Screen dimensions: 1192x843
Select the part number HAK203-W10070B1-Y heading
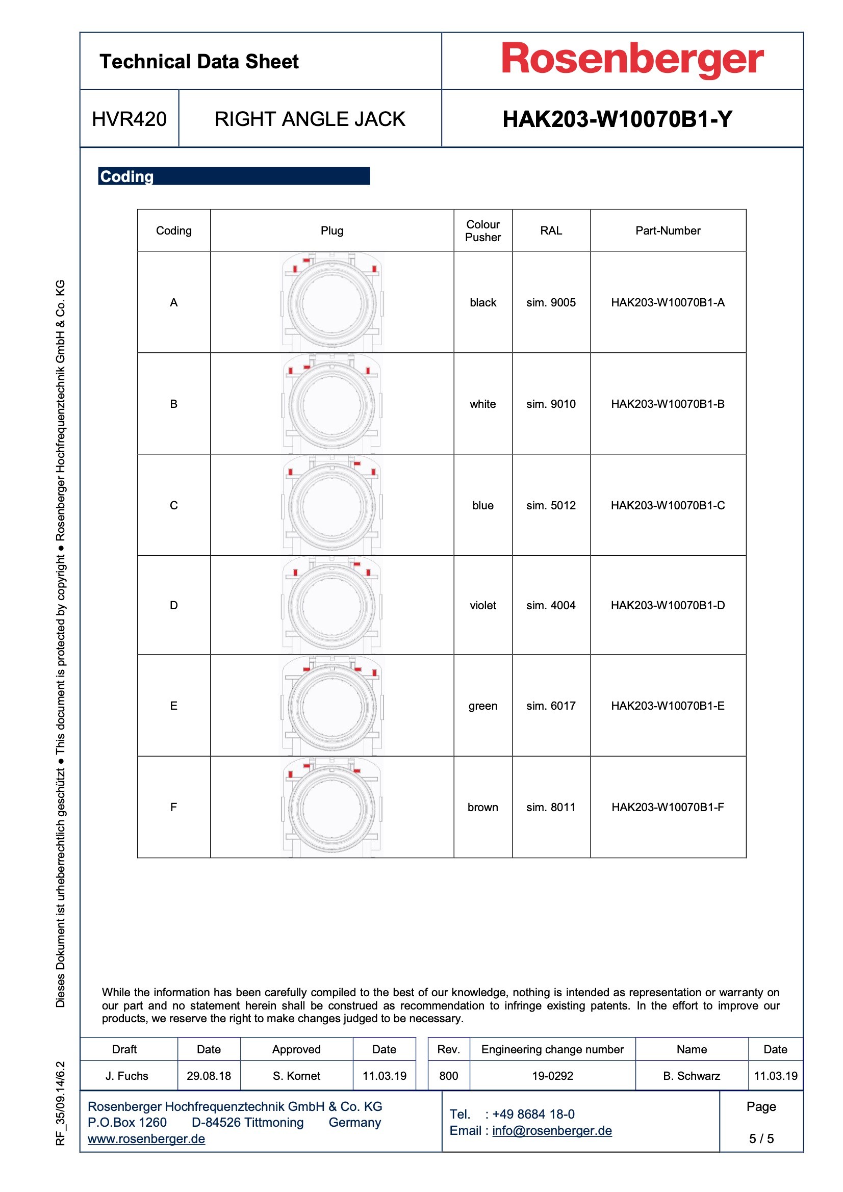pos(617,119)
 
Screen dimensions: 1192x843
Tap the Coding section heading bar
pos(234,176)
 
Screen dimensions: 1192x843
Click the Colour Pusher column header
pos(482,230)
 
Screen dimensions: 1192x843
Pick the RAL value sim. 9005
pos(551,303)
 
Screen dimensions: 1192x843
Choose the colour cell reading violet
pos(482,605)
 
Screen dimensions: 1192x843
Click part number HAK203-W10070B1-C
pos(668,505)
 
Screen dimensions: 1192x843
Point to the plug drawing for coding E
pos(332,706)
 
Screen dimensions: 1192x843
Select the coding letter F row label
pos(173,807)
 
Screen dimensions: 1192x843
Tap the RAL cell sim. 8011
pos(551,807)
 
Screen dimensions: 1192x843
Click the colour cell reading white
pos(482,404)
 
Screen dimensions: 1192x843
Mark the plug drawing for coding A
pos(332,302)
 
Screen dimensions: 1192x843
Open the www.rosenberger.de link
pos(146,1138)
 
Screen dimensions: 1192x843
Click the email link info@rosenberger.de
pos(552,1131)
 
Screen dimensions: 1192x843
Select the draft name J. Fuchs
pos(127,1076)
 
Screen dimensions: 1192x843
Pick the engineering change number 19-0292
pos(552,1076)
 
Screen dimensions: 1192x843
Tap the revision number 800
pos(448,1076)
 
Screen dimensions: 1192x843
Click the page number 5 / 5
pos(761,1138)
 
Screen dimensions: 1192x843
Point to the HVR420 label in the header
pos(130,119)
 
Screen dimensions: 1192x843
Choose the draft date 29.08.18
pos(209,1076)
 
